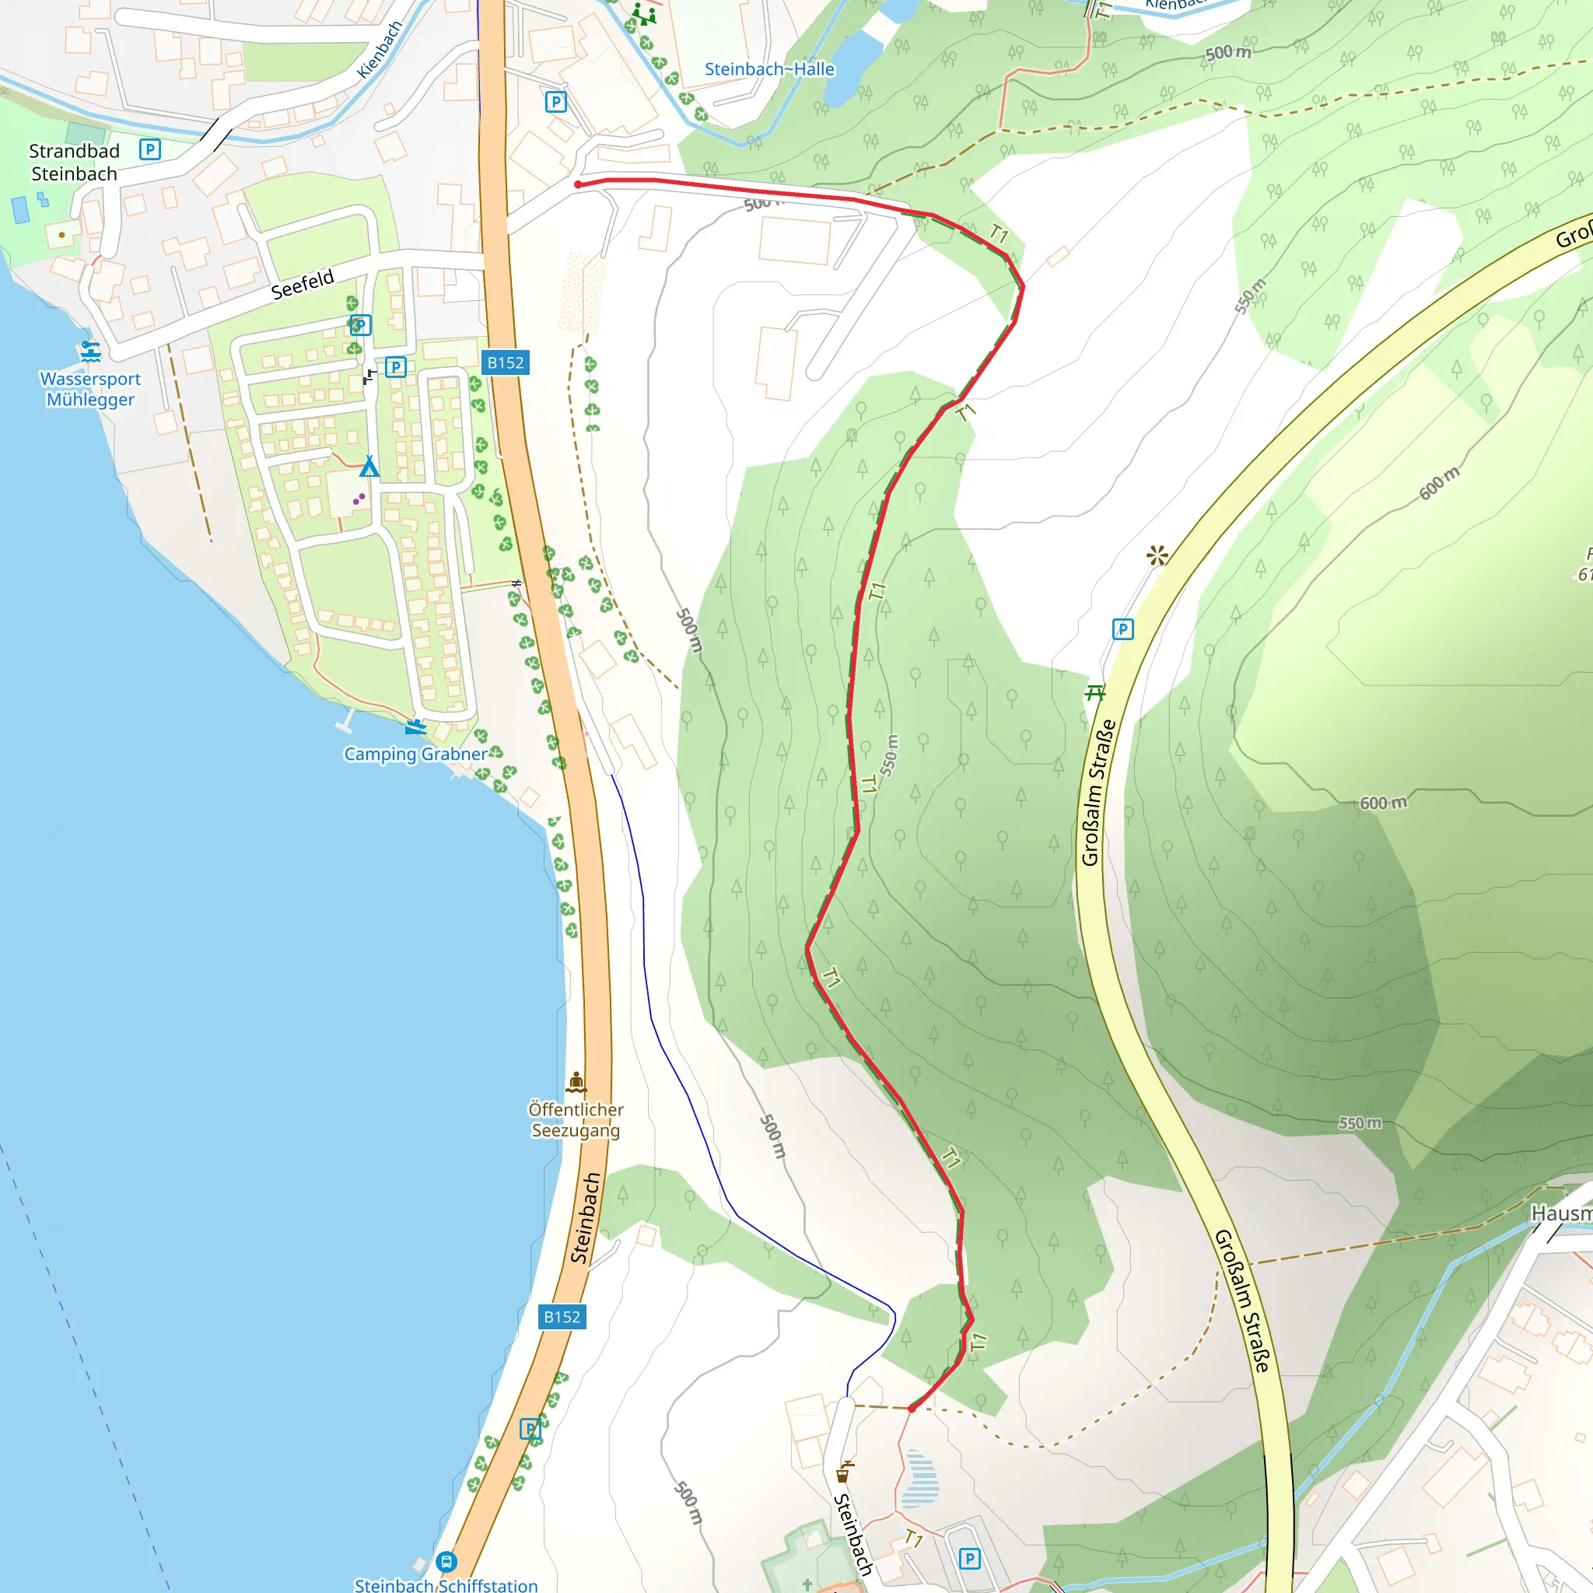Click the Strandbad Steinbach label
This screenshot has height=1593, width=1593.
[74, 163]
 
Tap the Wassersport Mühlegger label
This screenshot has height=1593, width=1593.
[91, 389]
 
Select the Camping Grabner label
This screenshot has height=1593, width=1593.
[415, 754]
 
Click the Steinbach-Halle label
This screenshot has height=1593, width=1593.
[769, 69]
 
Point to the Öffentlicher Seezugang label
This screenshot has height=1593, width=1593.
[576, 1120]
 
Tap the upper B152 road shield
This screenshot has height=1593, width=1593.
[506, 362]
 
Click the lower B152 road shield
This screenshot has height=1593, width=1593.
[562, 1317]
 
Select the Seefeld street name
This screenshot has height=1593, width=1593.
[303, 284]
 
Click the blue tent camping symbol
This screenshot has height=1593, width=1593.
[369, 467]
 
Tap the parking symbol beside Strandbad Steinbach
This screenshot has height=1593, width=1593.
[149, 149]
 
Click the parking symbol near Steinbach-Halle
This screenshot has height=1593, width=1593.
[555, 102]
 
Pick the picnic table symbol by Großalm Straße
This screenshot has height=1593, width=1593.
[1095, 692]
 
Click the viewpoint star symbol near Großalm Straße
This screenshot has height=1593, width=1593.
[1157, 555]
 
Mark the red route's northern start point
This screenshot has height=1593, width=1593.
[578, 184]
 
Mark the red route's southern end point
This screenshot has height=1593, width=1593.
[911, 1409]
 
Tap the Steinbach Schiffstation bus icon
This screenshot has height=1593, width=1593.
[446, 1561]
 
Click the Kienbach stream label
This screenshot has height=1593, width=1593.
[380, 50]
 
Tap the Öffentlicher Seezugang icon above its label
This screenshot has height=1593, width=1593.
[576, 1081]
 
